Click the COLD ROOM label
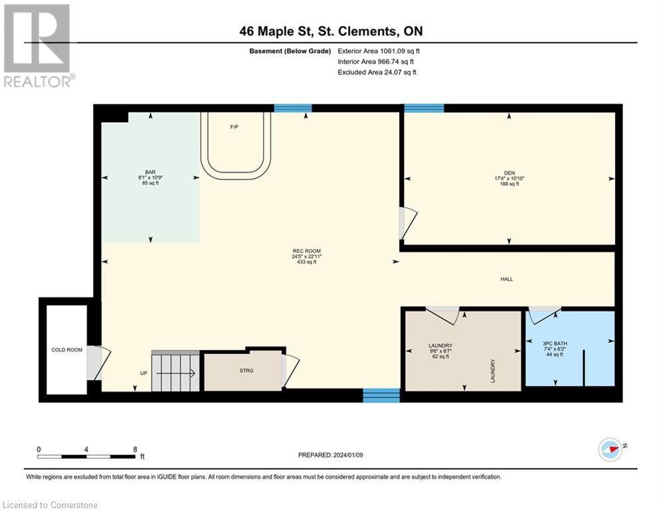coord(66,350)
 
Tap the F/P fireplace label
coord(235,127)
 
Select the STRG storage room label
coord(246,371)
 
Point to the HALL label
coord(507,279)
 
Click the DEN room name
coord(510,173)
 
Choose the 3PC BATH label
coord(555,343)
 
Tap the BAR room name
coord(151,172)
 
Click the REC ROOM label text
coord(306,251)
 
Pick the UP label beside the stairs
coord(143,373)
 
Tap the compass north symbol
coord(611,450)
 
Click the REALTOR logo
coord(39,46)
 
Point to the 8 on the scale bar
coord(135,450)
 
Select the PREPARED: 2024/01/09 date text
coord(331,455)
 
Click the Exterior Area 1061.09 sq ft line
coord(379,51)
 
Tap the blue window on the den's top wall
coord(424,108)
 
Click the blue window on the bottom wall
coord(381,395)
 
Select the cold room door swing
coord(99,363)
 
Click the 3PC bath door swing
coord(545,315)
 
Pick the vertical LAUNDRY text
coord(492,371)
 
